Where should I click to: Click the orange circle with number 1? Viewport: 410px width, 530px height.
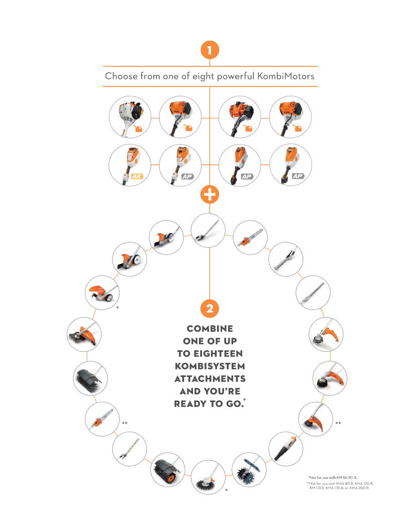tap(210, 50)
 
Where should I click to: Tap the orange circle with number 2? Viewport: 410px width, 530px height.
tap(210, 308)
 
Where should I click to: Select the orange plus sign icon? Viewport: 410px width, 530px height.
tap(210, 195)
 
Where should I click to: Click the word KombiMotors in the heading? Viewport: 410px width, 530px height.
tap(286, 76)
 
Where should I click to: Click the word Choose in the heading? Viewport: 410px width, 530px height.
tap(121, 76)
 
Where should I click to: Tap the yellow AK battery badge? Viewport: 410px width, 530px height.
tap(137, 176)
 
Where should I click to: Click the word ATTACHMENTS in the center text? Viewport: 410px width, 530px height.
tap(210, 378)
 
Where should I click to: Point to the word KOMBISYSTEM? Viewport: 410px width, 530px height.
tap(210, 366)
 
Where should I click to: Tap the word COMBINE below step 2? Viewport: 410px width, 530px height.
tap(210, 329)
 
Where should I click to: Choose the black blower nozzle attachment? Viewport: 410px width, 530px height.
tap(285, 449)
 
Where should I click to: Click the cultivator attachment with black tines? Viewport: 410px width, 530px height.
tap(249, 470)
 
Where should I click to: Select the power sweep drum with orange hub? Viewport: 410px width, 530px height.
tap(167, 470)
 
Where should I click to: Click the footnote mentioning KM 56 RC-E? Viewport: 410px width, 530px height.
tap(333, 478)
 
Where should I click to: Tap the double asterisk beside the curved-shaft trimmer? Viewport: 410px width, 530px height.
tap(338, 423)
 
